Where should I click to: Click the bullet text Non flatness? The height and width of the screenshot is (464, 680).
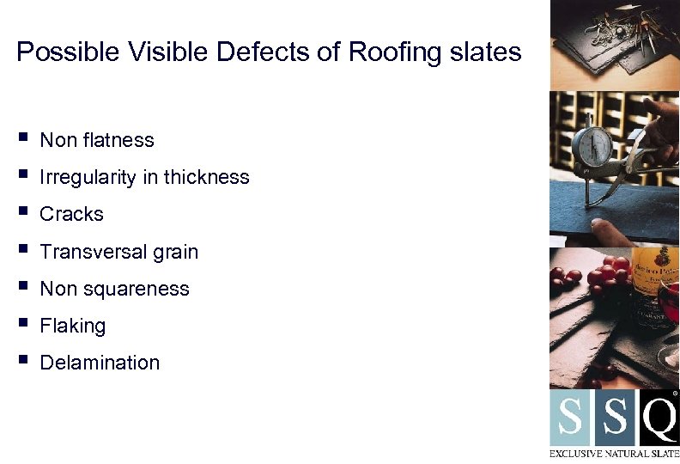pos(97,140)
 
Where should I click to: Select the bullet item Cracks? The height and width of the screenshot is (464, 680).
pos(71,215)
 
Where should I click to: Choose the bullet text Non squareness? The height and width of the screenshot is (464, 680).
pos(114,289)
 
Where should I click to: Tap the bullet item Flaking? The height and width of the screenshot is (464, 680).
pos(73,327)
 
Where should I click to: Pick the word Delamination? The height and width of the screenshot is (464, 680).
pos(100,363)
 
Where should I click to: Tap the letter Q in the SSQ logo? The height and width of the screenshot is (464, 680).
pos(659,418)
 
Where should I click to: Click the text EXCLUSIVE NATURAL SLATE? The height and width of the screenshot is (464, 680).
pos(614,452)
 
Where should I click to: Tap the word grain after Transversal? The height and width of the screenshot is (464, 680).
pos(176,252)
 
